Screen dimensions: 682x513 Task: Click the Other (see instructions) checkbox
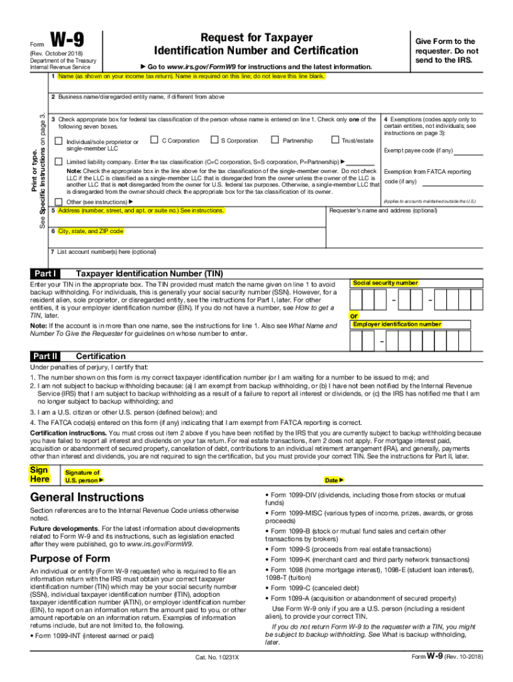click(x=58, y=201)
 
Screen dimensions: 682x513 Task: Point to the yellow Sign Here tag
click(x=39, y=474)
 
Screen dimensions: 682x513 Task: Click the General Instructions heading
click(x=87, y=498)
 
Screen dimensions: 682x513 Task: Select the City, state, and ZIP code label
click(x=90, y=231)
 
